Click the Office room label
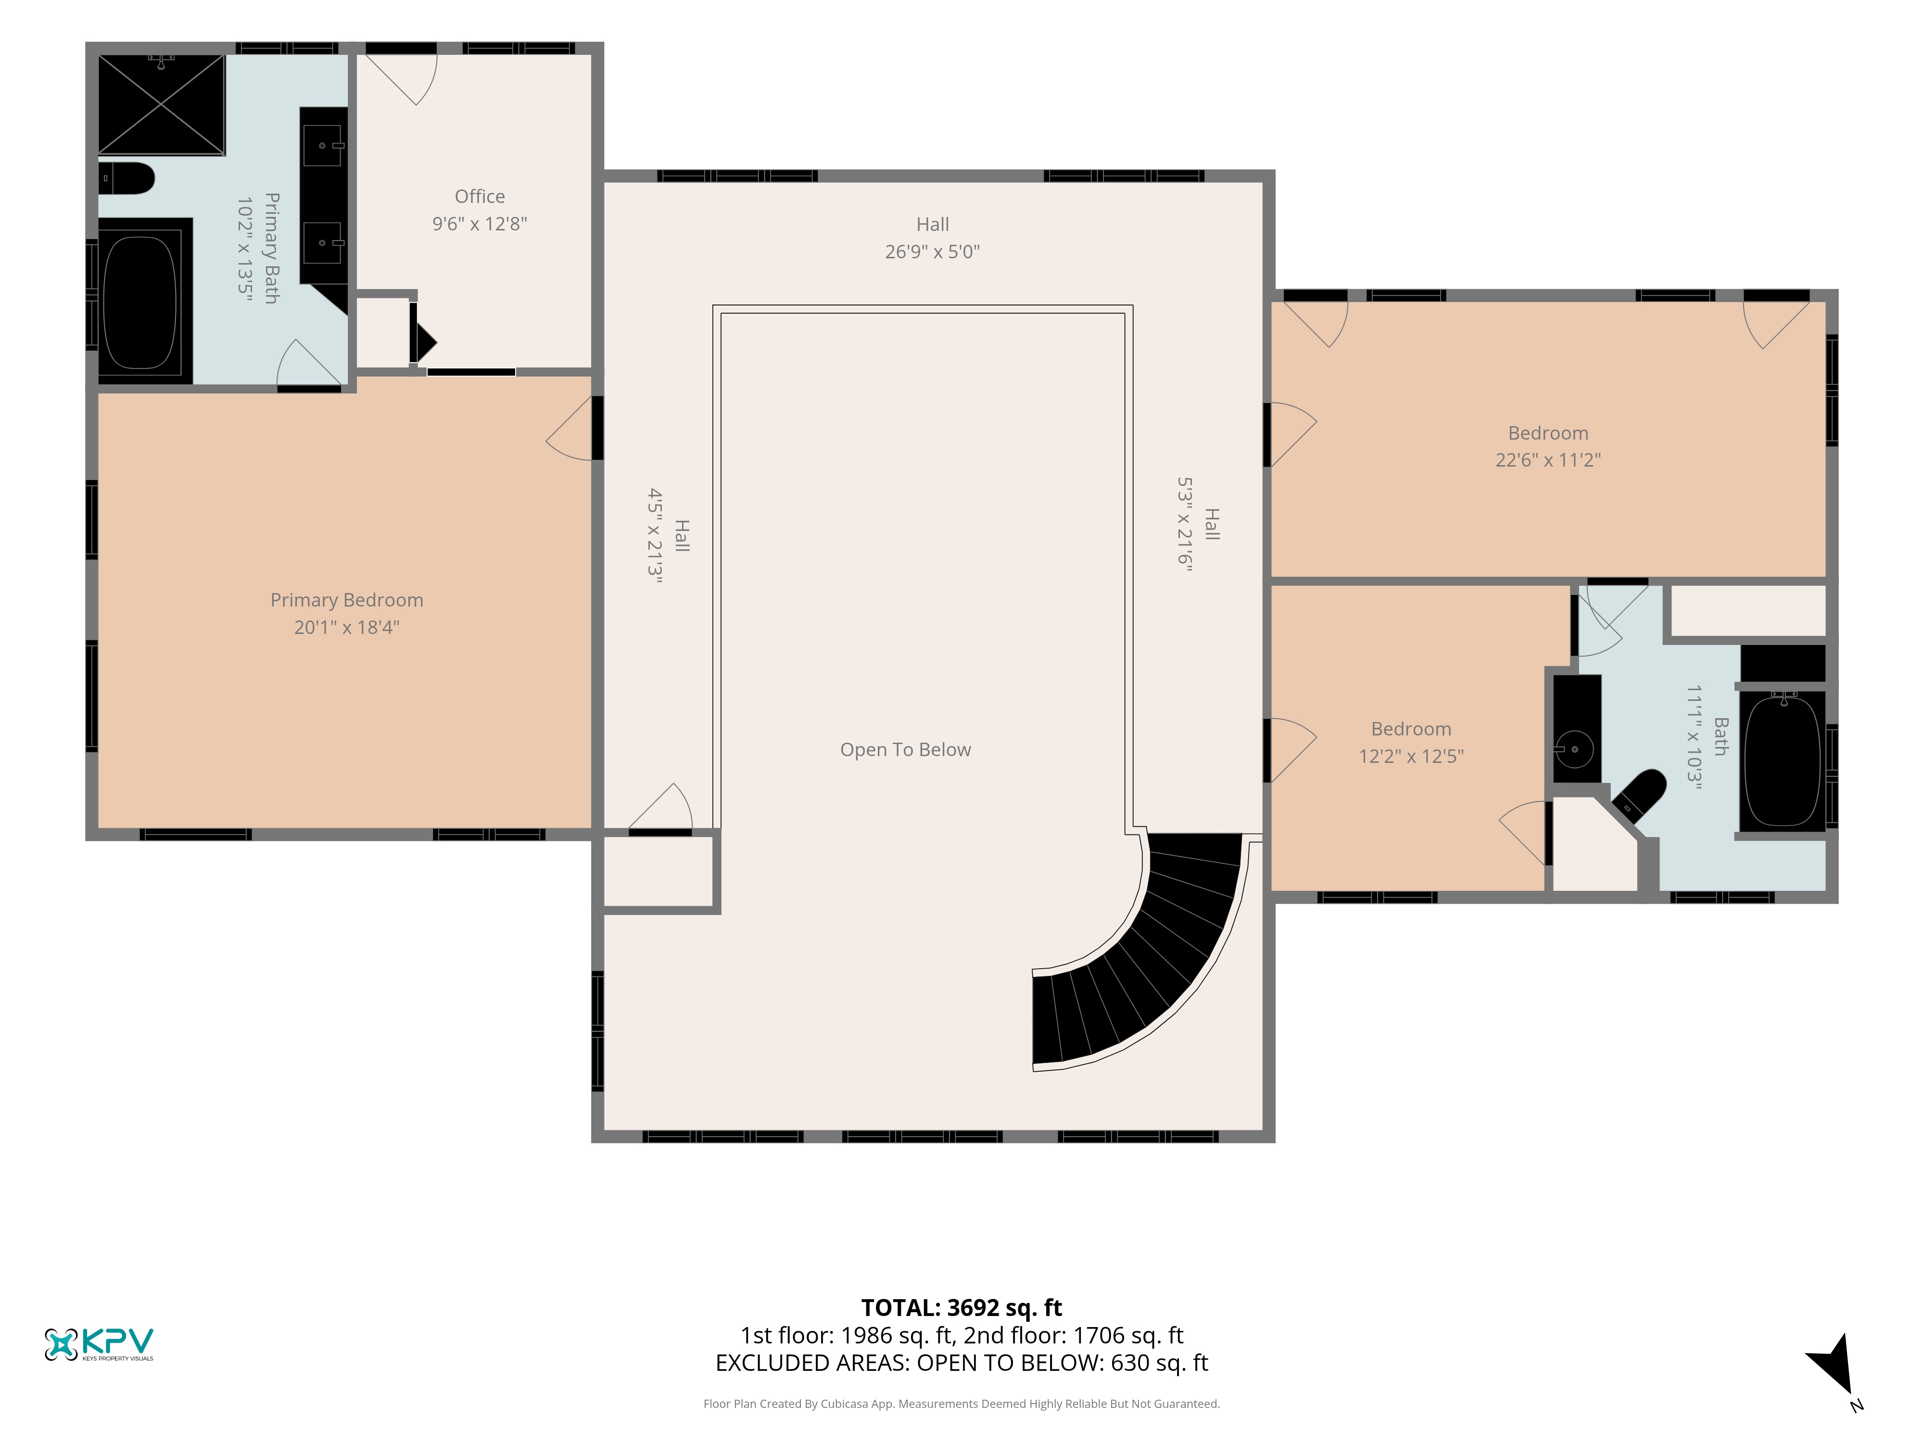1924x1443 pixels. [x=479, y=197]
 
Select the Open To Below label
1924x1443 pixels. [x=905, y=750]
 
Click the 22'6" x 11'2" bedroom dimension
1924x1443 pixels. [x=1547, y=460]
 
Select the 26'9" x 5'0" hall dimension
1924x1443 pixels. [x=933, y=252]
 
